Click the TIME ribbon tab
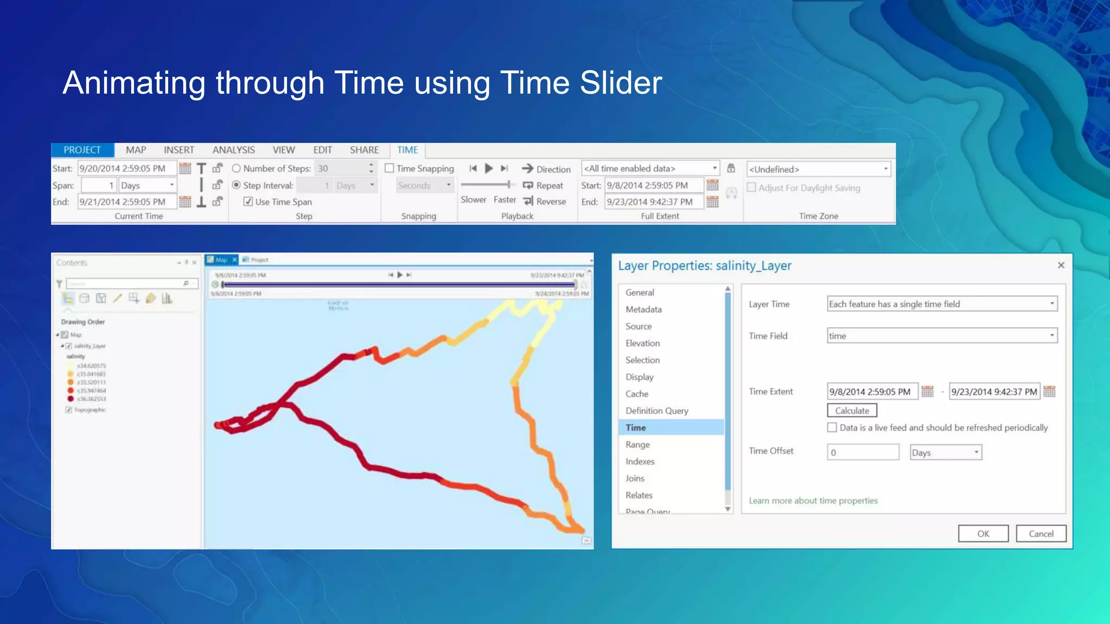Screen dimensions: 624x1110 pos(407,150)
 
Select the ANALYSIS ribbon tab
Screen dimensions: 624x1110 pos(233,150)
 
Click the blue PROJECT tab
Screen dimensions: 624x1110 pos(82,150)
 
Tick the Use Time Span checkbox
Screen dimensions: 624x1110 pos(248,201)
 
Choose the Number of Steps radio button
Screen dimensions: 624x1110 pos(236,168)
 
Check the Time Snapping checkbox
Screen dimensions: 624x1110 pos(389,168)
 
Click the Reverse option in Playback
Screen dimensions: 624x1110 pos(545,201)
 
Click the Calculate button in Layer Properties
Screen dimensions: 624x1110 pos(851,411)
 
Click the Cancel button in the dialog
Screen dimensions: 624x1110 pos(1041,534)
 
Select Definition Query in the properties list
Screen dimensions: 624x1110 pos(656,411)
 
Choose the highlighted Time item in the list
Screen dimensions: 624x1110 pos(636,427)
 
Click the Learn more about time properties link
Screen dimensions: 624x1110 pos(813,500)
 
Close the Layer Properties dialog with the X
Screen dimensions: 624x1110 pos(1061,265)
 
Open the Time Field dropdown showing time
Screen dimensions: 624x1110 pos(942,336)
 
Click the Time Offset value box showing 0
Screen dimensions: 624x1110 pos(862,452)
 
